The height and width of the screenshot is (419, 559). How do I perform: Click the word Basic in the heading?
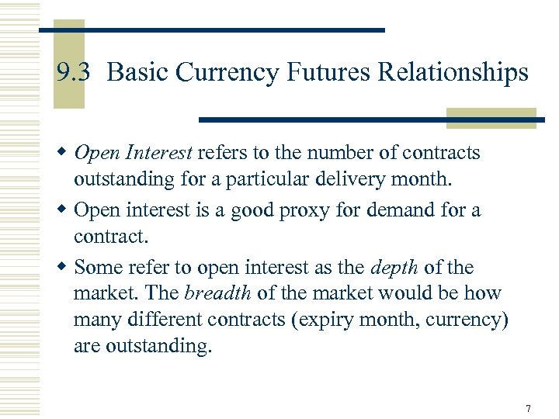[139, 73]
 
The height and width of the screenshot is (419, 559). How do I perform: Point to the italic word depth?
[395, 268]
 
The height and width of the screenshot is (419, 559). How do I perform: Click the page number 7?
[528, 409]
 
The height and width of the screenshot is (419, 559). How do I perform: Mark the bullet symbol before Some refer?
[65, 268]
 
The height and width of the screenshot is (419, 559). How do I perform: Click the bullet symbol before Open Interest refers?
[65, 153]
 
